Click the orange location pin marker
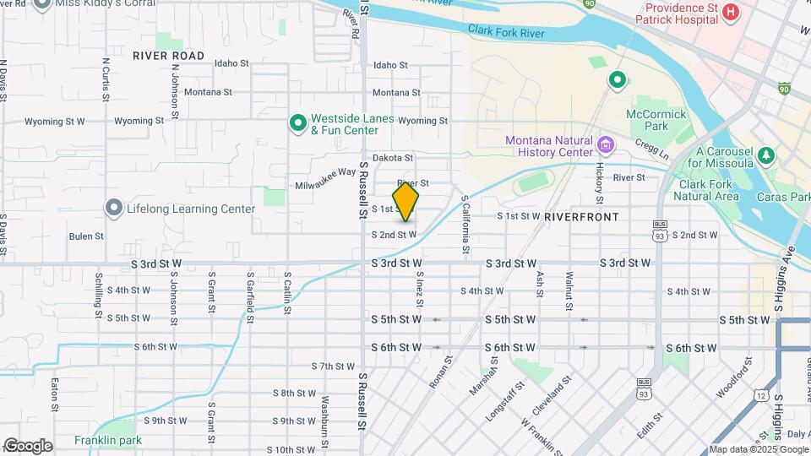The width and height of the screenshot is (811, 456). click(406, 201)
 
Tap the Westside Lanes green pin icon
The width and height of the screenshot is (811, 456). click(297, 124)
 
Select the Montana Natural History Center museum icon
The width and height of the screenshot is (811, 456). click(605, 145)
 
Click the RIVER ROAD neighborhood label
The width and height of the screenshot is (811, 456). click(168, 56)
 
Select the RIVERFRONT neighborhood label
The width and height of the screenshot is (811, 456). click(581, 217)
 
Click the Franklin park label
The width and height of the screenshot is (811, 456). click(107, 440)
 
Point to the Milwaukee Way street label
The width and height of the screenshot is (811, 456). click(325, 179)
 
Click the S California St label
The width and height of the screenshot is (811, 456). click(465, 225)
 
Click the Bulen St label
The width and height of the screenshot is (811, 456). click(86, 236)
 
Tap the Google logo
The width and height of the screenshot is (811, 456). click(28, 446)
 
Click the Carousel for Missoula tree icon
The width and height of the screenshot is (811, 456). click(766, 155)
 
